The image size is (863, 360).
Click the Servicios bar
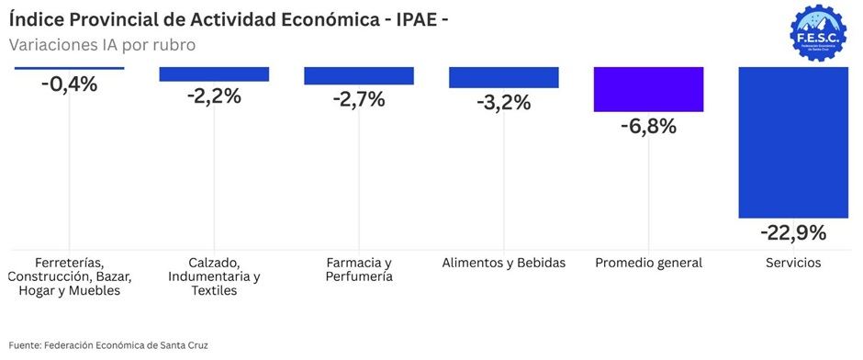[793, 142]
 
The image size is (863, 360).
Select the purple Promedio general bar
[648, 89]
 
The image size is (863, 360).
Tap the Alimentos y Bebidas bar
[504, 78]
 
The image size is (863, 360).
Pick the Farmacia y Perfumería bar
[359, 76]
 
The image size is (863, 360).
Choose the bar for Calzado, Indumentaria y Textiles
[214, 74]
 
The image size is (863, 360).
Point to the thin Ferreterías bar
[70, 68]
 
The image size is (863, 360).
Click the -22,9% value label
[793, 233]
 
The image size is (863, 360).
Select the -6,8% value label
[648, 127]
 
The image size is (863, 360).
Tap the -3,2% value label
[504, 102]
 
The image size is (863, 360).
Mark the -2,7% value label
[359, 99]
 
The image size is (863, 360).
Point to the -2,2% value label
[214, 96]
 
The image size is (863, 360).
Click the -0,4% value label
[70, 84]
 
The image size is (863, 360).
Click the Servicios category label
[793, 263]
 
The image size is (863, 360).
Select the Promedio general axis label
[648, 263]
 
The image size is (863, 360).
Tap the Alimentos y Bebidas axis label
[504, 263]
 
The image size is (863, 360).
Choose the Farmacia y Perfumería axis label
[359, 269]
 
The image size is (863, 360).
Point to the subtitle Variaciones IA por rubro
[103, 45]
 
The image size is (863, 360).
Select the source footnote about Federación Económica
[108, 345]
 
